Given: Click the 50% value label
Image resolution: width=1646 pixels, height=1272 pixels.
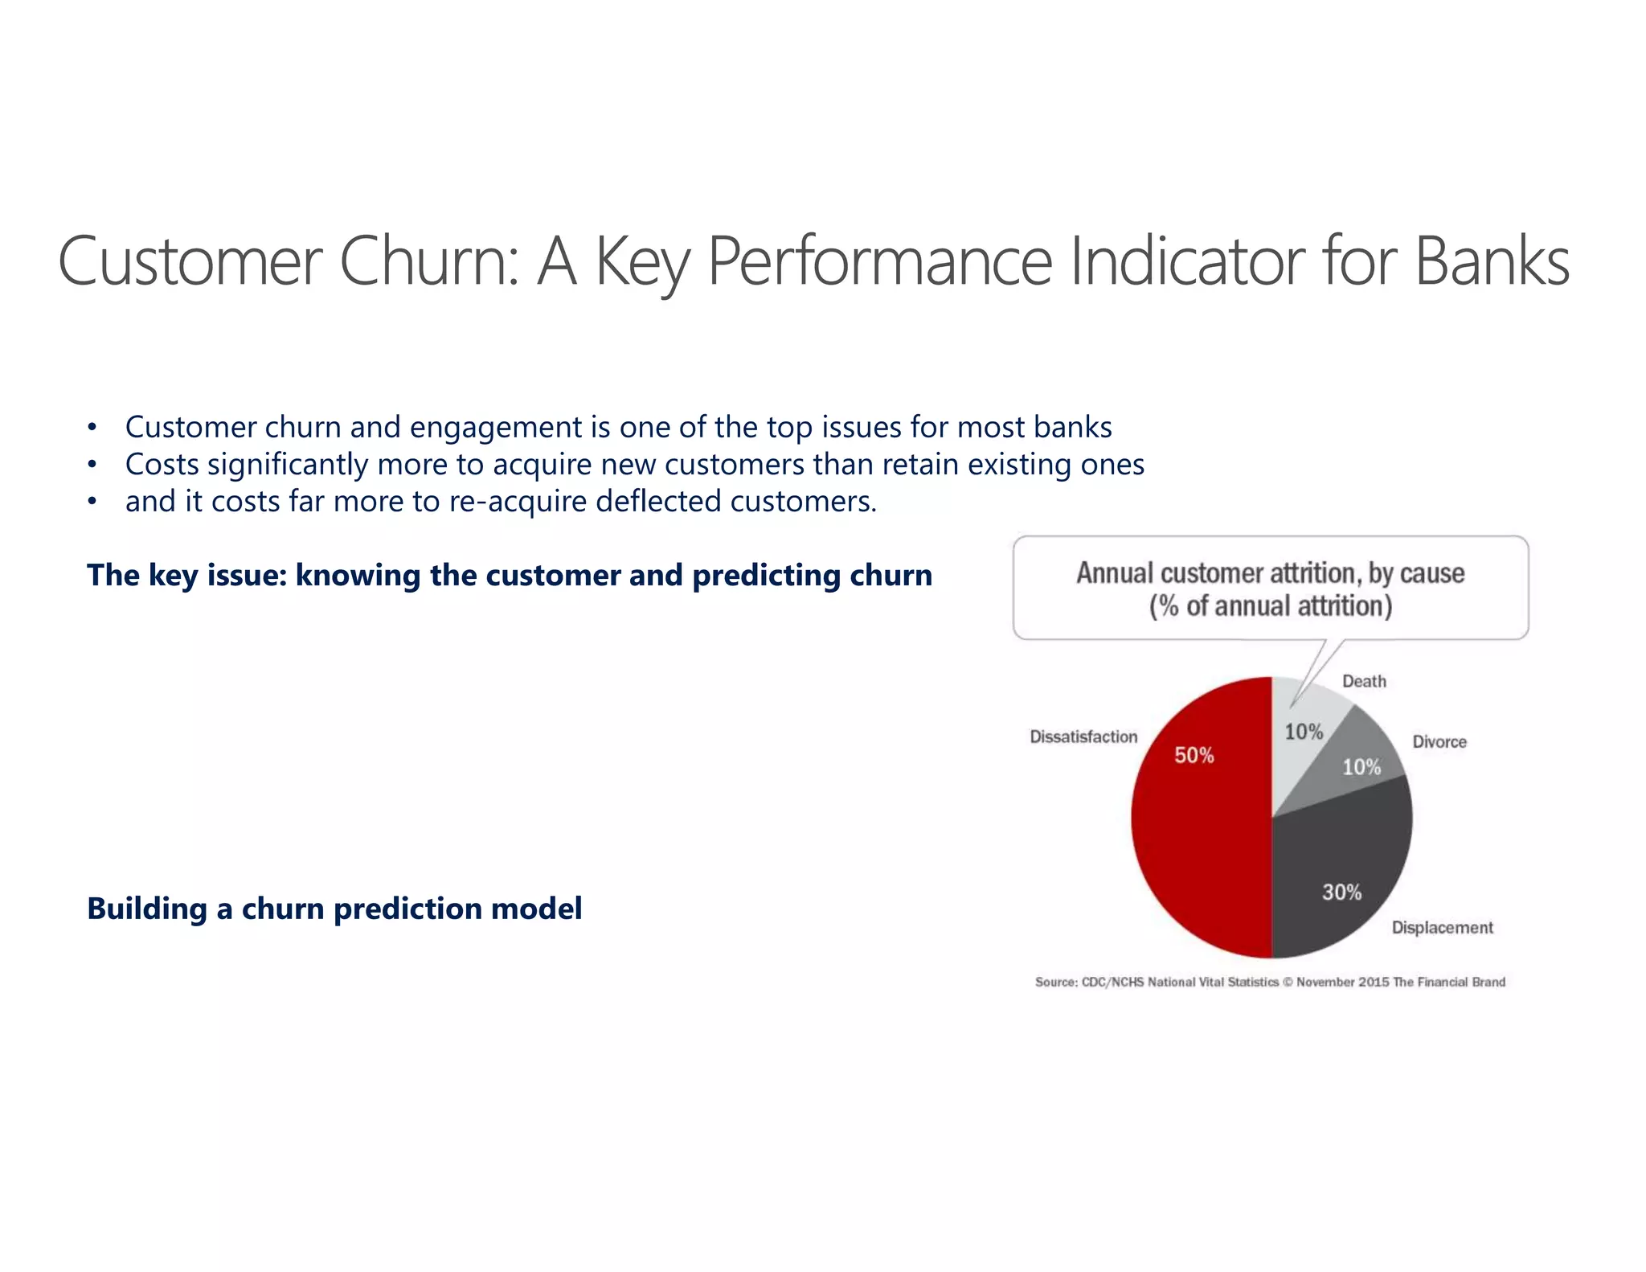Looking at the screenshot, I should pos(1194,755).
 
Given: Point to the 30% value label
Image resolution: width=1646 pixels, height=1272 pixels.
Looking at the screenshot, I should pos(1341,892).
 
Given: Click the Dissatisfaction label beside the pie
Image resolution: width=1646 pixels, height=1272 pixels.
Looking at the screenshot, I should pos(1083,737).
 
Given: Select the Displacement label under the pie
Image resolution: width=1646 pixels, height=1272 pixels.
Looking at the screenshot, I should pos(1442,927).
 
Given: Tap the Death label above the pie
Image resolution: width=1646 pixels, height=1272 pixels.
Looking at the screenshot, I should pos(1364,681).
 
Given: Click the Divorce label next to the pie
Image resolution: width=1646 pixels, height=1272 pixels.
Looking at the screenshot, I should pos(1439,741).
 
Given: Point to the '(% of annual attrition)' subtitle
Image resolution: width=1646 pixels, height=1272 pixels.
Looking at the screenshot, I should pos(1270,605).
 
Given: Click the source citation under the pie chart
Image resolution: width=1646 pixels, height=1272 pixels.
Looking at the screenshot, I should pos(1270,982).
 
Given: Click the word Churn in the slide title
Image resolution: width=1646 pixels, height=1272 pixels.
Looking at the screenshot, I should pos(428,261).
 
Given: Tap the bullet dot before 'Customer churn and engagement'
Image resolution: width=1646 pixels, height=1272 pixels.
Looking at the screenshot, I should pos(92,428).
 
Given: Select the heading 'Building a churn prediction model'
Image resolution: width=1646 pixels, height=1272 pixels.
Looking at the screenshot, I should pos(334,908).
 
